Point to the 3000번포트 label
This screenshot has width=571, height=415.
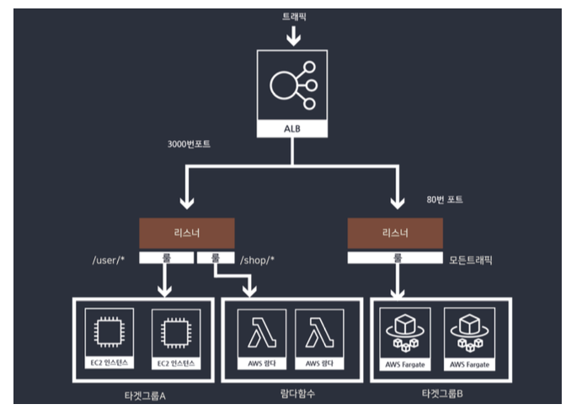[189, 144]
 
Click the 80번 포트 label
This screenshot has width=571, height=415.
[446, 200]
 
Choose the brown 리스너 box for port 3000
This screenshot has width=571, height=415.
[187, 234]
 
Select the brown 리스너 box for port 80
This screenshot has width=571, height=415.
[395, 234]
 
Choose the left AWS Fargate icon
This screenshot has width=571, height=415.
[403, 331]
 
